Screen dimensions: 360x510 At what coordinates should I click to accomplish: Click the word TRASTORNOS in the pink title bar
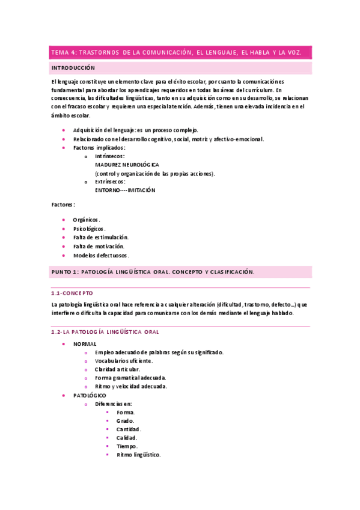[x=100, y=53]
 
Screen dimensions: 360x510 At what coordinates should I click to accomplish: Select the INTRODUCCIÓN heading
[x=73, y=68]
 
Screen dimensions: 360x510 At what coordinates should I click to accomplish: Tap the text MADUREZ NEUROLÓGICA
[x=127, y=164]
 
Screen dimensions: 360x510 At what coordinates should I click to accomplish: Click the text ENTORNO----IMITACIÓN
[x=125, y=190]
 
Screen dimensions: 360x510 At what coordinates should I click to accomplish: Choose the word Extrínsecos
[x=111, y=181]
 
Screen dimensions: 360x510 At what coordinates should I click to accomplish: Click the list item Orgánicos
[x=87, y=220]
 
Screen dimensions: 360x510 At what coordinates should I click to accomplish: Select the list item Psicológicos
[x=89, y=229]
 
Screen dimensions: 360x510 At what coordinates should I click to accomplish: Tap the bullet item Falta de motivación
[x=99, y=246]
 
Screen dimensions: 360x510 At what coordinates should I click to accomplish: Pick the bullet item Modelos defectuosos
[x=101, y=255]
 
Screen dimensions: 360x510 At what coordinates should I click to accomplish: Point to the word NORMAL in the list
[x=85, y=343]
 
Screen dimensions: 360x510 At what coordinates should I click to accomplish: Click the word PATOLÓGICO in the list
[x=90, y=395]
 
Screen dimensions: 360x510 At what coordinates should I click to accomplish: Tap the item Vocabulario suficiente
[x=124, y=361]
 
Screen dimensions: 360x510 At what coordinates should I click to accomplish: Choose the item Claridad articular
[x=117, y=369]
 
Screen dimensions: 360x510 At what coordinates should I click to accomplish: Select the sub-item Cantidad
[x=129, y=429]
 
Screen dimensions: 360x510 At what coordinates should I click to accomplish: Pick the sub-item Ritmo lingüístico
[x=138, y=455]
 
